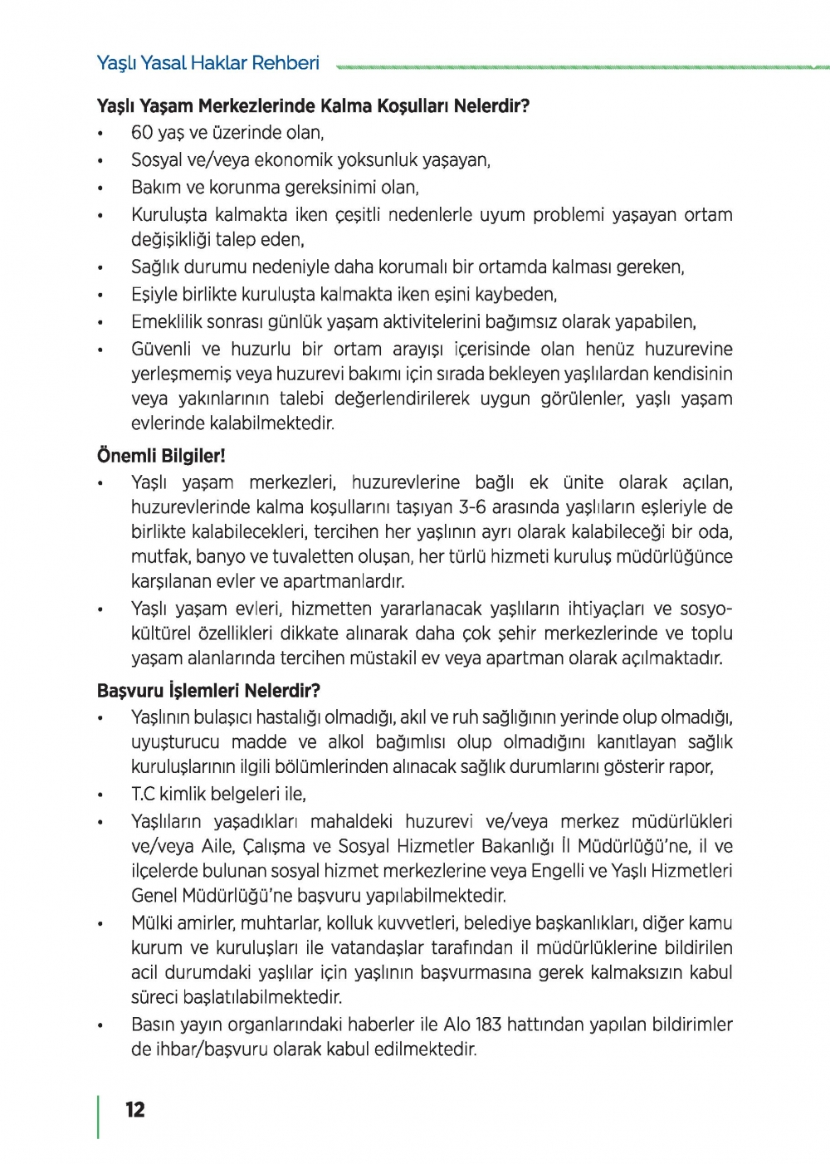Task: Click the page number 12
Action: click(x=135, y=1110)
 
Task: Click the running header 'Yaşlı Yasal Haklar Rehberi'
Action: click(x=207, y=63)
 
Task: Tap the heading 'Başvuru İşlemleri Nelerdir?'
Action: click(x=208, y=691)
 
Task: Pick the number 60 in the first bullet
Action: click(x=143, y=133)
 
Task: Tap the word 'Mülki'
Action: click(x=151, y=923)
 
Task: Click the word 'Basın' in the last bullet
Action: click(x=152, y=1025)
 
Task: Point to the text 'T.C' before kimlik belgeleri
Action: click(x=143, y=795)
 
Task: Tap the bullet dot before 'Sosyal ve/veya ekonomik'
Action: click(x=100, y=160)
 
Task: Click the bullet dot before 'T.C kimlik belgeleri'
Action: click(x=100, y=795)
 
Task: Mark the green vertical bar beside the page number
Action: click(x=99, y=1117)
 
